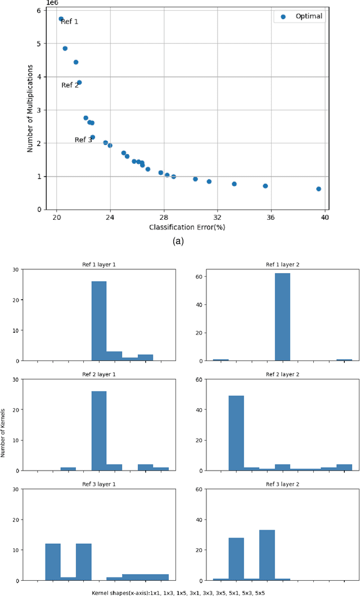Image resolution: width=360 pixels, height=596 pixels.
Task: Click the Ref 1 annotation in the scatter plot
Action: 70,22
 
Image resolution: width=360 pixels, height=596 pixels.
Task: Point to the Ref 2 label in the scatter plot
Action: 70,85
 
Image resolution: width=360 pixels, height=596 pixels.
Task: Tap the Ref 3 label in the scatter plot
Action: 83,140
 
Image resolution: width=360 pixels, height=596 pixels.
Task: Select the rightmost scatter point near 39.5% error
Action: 318,189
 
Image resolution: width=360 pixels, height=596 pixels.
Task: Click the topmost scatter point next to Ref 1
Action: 61,19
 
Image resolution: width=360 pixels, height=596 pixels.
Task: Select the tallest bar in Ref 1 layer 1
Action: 99,321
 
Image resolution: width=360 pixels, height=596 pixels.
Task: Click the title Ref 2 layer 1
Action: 99,374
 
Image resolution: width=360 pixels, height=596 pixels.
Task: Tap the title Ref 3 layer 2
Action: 282,484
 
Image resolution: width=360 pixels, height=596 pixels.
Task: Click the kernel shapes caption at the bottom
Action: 179,593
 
